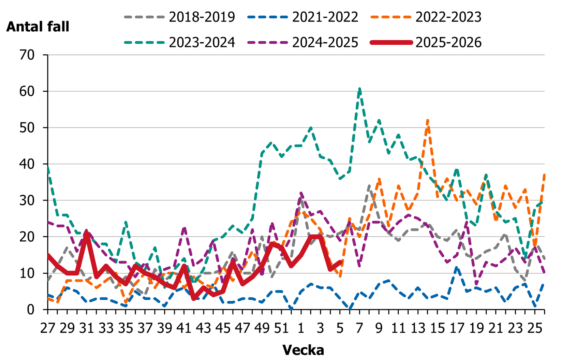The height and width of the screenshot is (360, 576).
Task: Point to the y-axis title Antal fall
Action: pos(38,27)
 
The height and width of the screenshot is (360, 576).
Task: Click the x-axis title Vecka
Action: pos(303,350)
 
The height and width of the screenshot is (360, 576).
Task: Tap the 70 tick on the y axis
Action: pos(27,55)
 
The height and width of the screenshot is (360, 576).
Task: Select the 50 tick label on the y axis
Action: pos(27,128)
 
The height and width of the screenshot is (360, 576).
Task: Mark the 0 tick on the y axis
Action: pos(31,310)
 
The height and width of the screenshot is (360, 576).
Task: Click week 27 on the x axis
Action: pos(48,328)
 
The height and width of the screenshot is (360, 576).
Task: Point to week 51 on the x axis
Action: pos(281,328)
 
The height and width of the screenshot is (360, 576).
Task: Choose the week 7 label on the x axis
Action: pos(359,328)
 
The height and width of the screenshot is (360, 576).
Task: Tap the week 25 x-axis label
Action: pos(534,328)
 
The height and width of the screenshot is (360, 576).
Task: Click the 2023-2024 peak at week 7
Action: pos(359,88)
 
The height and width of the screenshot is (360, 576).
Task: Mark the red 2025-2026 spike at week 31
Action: pos(87,234)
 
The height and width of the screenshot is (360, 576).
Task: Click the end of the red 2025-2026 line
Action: pos(340,262)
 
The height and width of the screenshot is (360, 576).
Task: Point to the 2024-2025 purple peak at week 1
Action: pos(301,193)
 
